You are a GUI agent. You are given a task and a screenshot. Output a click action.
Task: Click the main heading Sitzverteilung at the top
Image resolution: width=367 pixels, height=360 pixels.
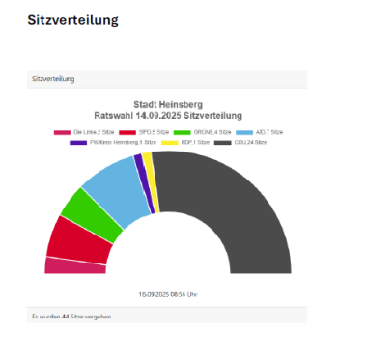coord(73,19)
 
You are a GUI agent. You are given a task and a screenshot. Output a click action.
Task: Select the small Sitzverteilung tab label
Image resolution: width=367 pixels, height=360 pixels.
coord(53,78)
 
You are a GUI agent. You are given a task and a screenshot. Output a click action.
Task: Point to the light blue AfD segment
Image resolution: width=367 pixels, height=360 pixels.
coord(111,188)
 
